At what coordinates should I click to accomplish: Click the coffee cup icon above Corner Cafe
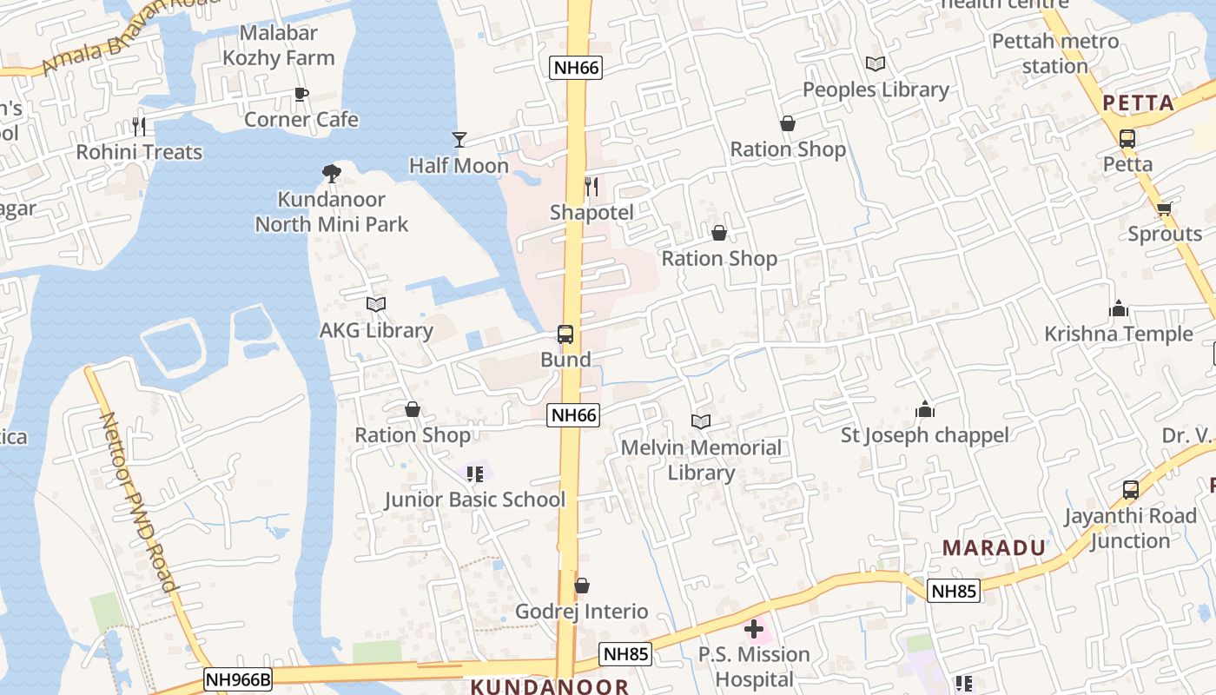pyautogui.click(x=301, y=94)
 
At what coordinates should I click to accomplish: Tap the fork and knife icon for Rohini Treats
pyautogui.click(x=139, y=127)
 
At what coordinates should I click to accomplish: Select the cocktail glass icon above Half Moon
pyautogui.click(x=459, y=139)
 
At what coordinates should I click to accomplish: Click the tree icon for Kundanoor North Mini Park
pyautogui.click(x=331, y=174)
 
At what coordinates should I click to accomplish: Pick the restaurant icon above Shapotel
pyautogui.click(x=591, y=186)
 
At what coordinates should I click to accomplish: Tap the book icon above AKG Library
pyautogui.click(x=375, y=304)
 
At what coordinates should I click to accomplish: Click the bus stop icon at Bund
pyautogui.click(x=565, y=334)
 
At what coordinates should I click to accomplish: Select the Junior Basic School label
pyautogui.click(x=475, y=500)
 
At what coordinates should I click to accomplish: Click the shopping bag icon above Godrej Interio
pyautogui.click(x=582, y=586)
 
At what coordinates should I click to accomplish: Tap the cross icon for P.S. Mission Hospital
pyautogui.click(x=754, y=629)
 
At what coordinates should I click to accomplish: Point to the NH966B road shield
pyautogui.click(x=238, y=679)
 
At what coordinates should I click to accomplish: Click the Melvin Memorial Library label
pyautogui.click(x=701, y=460)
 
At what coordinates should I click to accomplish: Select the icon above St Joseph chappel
pyautogui.click(x=925, y=409)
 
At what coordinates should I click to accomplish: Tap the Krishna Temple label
pyautogui.click(x=1119, y=334)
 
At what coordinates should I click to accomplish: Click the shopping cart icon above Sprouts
pyautogui.click(x=1165, y=208)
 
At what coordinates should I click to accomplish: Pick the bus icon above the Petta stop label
pyautogui.click(x=1127, y=138)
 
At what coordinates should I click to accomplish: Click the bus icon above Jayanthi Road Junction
pyautogui.click(x=1130, y=490)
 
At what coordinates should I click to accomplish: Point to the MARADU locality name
pyautogui.click(x=995, y=547)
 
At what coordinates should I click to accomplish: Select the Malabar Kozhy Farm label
pyautogui.click(x=279, y=45)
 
